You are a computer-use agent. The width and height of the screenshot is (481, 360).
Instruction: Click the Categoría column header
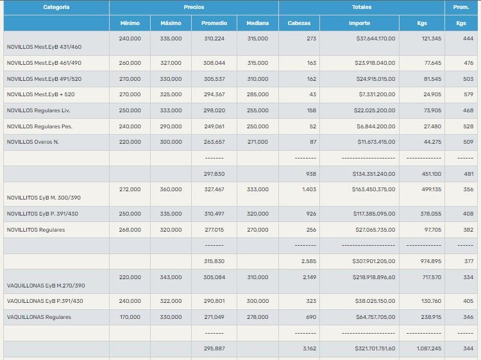(x=56, y=8)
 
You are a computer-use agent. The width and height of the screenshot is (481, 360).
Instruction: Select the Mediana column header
(x=258, y=23)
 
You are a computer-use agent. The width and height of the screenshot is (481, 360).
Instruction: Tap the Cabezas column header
(x=299, y=23)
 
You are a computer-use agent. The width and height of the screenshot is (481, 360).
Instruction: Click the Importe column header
(x=359, y=23)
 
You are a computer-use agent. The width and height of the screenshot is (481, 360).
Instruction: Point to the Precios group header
(x=194, y=8)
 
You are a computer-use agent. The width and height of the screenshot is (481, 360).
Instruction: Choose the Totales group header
(x=361, y=8)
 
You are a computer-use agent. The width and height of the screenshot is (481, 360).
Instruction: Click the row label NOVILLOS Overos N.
(x=33, y=142)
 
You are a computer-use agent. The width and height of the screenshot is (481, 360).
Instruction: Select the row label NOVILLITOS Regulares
(x=36, y=230)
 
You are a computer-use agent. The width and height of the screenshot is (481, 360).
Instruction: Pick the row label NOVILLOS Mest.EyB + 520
(x=40, y=94)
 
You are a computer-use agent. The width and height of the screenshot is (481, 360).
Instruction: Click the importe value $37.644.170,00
(x=376, y=39)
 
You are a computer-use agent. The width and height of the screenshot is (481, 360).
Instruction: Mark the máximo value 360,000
(x=171, y=190)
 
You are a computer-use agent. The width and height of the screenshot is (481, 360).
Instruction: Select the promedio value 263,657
(x=214, y=142)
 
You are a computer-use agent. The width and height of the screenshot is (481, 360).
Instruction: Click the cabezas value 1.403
(x=309, y=190)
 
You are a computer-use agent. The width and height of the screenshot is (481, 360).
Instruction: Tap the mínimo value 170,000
(x=130, y=317)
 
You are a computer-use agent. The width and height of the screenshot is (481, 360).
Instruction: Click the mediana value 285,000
(x=258, y=94)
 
